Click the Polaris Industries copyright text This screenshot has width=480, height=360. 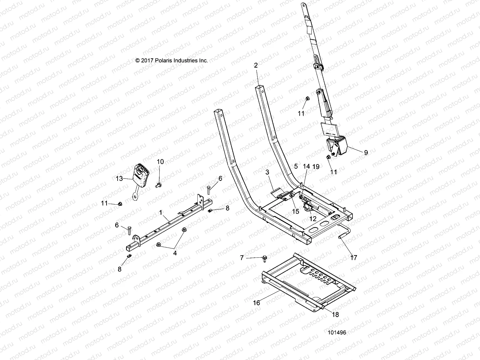click(x=172, y=60)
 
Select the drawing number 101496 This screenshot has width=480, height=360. click(x=337, y=333)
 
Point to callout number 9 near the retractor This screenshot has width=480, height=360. click(x=366, y=152)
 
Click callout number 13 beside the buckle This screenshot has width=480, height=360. click(x=119, y=179)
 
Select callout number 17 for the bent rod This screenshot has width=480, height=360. click(x=354, y=257)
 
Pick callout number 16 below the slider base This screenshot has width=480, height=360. click(x=256, y=303)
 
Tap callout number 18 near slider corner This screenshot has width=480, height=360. click(x=335, y=314)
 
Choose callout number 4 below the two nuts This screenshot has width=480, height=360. click(x=175, y=253)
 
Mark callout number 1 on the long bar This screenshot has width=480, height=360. click(x=161, y=212)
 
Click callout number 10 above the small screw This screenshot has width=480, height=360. click(x=160, y=162)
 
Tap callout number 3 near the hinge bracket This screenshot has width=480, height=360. click(x=268, y=172)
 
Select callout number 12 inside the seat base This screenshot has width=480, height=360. click(x=313, y=219)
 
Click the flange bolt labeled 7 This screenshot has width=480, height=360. click(x=265, y=258)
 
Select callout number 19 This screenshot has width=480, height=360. click(x=316, y=166)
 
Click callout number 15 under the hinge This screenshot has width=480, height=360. click(x=295, y=211)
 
